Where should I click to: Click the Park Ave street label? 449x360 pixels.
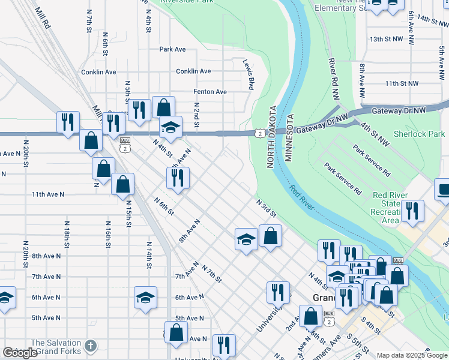172,49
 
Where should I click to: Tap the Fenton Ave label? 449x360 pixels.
209,92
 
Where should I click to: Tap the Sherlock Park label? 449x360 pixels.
419,134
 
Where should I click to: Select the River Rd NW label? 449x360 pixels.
334,79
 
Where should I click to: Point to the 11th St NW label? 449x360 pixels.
401,83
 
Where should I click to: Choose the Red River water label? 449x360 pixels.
301,198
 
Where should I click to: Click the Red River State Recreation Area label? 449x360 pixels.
390,208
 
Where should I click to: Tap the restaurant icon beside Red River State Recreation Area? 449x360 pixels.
412,211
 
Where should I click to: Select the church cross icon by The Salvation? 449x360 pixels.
90,346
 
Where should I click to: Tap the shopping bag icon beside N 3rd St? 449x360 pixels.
271,236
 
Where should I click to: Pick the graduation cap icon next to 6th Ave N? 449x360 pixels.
145,298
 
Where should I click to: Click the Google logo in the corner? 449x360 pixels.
20,353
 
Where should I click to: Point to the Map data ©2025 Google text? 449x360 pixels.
412,355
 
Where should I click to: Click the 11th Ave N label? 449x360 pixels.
47,194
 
